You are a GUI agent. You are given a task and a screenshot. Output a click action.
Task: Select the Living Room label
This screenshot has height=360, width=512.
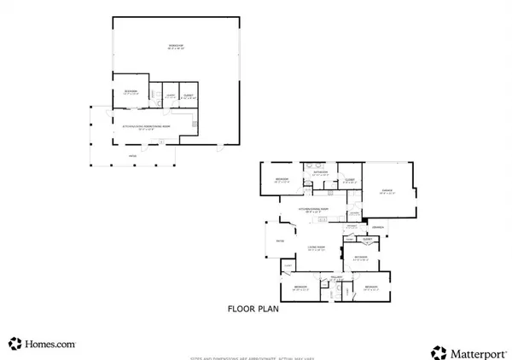pos(314,247)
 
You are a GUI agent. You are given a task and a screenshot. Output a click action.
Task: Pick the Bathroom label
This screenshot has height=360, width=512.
pos(321,172)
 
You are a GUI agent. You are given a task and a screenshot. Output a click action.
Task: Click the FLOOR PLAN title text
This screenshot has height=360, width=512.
pos(253,310)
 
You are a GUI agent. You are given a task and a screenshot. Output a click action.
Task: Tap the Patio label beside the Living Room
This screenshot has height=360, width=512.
pos(278,242)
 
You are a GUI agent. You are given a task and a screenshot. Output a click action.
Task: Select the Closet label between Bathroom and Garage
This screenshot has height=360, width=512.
pos(348,178)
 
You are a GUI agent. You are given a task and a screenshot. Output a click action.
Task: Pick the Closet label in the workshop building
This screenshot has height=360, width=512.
pos(188,96)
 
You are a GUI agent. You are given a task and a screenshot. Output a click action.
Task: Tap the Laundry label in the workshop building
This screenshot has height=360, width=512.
pos(170,96)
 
